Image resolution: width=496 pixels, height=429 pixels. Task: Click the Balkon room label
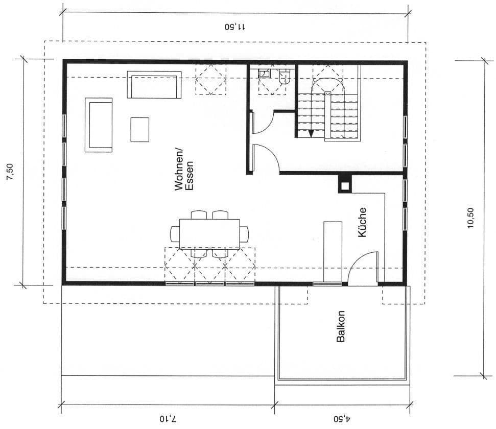click(x=341, y=326)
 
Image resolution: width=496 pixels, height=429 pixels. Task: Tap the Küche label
click(x=362, y=222)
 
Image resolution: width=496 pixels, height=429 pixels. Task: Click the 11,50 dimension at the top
click(x=235, y=27)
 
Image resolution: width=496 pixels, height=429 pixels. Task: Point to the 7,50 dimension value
click(x=10, y=172)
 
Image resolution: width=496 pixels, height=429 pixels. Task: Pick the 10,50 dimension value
click(x=470, y=218)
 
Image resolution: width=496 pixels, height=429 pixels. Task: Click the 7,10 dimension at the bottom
click(x=167, y=419)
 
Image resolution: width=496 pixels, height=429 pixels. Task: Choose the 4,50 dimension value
click(x=342, y=419)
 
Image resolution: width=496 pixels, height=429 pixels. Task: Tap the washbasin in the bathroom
click(x=264, y=74)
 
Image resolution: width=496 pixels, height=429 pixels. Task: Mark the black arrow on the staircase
click(x=311, y=133)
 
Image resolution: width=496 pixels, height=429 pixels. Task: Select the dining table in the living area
click(x=209, y=234)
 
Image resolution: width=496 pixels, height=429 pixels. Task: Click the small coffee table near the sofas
click(x=140, y=129)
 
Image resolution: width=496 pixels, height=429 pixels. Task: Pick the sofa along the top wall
click(x=154, y=84)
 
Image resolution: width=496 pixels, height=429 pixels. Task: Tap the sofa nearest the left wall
click(x=99, y=125)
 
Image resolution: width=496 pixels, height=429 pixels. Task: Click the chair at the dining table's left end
click(x=175, y=234)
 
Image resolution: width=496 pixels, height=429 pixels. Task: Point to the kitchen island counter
click(x=333, y=251)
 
